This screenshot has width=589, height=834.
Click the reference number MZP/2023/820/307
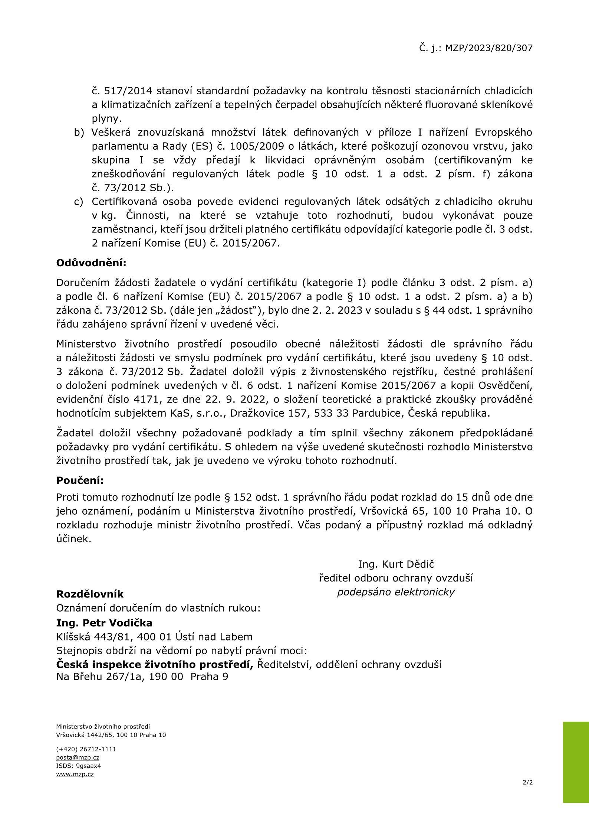coord(488,48)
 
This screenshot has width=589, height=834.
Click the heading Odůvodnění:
coord(91,263)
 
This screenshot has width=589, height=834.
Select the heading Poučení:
coord(80,480)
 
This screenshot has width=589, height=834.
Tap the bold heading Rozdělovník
coord(90,594)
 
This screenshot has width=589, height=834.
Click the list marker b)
coord(79,133)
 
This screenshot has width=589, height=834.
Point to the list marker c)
coord(79,202)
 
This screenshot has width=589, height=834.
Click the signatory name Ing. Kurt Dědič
coord(396,564)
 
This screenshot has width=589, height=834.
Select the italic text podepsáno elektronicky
coord(396,592)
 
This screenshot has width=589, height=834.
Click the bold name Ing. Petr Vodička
coord(104,623)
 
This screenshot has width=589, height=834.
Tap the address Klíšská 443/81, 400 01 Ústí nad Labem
coord(154,637)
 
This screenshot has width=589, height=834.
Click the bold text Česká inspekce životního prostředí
coord(155,664)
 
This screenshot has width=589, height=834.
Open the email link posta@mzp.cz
coord(78,758)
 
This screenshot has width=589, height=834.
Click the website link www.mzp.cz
coord(75,774)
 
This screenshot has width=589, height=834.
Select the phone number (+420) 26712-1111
coord(86,749)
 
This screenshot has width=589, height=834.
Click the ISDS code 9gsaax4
coord(88,766)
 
